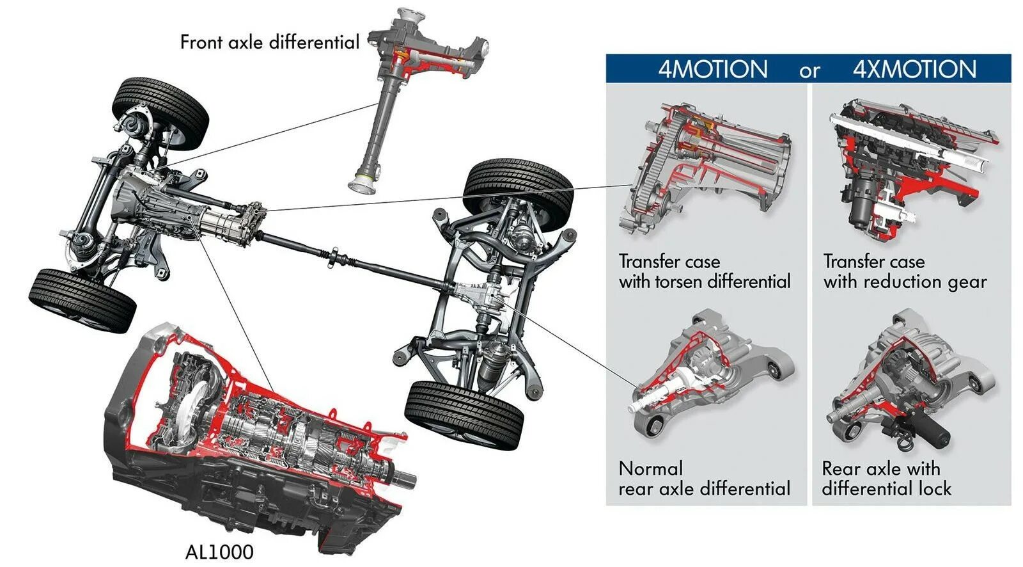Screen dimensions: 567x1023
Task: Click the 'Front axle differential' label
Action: click(x=269, y=42)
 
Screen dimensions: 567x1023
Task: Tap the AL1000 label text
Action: click(x=219, y=552)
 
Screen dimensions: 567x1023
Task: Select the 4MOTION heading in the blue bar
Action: click(x=713, y=69)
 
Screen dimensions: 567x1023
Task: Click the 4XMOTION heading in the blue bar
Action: click(x=914, y=69)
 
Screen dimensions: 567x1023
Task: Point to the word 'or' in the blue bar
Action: click(x=809, y=71)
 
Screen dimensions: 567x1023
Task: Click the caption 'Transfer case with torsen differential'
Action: click(x=704, y=271)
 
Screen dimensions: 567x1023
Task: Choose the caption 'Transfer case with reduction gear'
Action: click(x=905, y=271)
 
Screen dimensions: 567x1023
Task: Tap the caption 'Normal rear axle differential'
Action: click(x=704, y=479)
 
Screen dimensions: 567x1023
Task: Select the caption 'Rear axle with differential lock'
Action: click(x=886, y=479)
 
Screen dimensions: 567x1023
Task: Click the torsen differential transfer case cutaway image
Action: click(x=703, y=170)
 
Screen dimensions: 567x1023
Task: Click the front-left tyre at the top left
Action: click(x=160, y=112)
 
